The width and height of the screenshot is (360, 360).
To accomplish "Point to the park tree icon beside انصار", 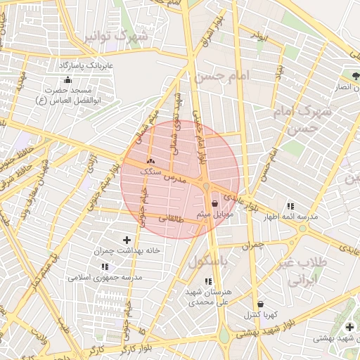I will click(x=356, y=76).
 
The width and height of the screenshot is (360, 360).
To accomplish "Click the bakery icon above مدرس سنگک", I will click(x=150, y=161).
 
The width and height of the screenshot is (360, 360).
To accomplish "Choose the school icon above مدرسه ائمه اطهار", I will click(x=290, y=206).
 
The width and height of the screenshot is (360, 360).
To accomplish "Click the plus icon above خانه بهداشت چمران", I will click(x=127, y=240).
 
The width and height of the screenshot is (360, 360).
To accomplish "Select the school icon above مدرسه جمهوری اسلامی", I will click(x=105, y=267).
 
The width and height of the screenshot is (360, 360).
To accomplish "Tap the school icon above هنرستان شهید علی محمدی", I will click(x=207, y=281).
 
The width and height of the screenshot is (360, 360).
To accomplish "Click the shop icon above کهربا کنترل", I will click(x=260, y=304).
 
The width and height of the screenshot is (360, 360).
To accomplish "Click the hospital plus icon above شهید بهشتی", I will click(x=349, y=327).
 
